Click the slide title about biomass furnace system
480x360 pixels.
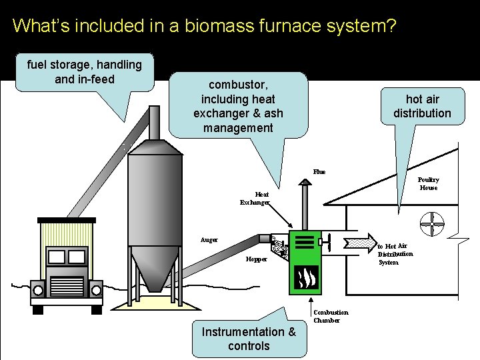[205, 27]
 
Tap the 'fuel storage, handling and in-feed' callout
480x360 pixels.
[84, 72]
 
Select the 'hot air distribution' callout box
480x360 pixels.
[422, 107]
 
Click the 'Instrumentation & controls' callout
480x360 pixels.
[249, 339]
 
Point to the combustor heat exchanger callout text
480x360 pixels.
[238, 106]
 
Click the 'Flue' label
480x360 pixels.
[319, 172]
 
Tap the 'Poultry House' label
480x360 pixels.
[428, 184]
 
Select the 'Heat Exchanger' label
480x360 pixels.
[255, 198]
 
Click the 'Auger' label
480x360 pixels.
[209, 239]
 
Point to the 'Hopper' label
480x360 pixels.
[256, 259]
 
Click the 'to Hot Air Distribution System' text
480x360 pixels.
[395, 254]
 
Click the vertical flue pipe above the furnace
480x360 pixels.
[307, 207]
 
